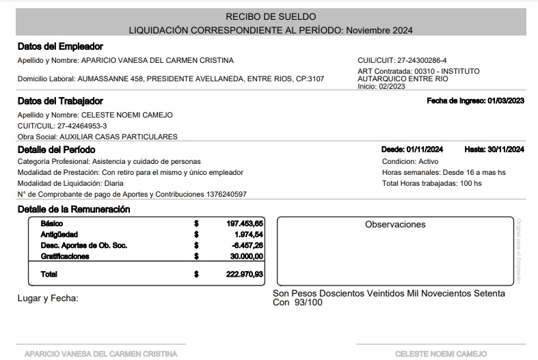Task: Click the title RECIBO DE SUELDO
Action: (x=271, y=16)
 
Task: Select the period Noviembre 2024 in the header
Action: (x=379, y=30)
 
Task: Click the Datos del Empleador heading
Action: (x=60, y=46)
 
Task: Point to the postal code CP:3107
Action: (x=308, y=79)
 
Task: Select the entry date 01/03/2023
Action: (x=506, y=100)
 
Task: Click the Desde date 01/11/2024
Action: (x=425, y=150)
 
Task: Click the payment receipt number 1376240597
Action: (x=226, y=194)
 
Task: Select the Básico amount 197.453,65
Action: (x=245, y=223)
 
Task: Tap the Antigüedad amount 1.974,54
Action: (x=249, y=234)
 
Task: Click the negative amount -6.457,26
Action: (x=247, y=245)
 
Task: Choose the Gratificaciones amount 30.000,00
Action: (x=247, y=256)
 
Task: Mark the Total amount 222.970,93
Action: (x=245, y=274)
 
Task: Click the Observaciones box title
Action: (x=395, y=224)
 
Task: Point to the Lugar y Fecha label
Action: (x=48, y=298)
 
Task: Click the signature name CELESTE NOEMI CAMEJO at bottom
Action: (x=441, y=354)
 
